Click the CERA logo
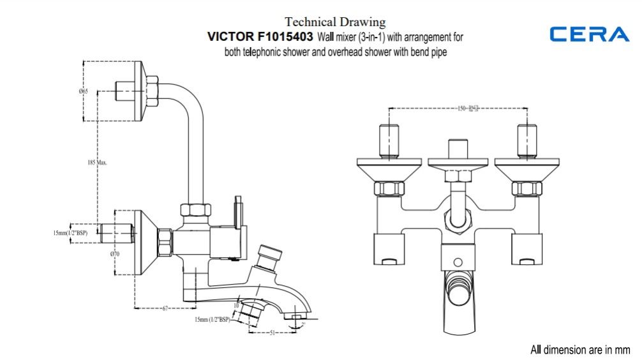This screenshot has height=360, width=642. pyautogui.click(x=589, y=34)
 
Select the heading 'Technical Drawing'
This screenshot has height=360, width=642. pyautogui.click(x=335, y=23)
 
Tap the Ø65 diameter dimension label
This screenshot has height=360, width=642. pyautogui.click(x=84, y=92)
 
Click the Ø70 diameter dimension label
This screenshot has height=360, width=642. pyautogui.click(x=115, y=253)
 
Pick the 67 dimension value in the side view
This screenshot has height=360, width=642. pyautogui.click(x=165, y=309)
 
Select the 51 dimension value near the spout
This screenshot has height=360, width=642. pyautogui.click(x=274, y=333)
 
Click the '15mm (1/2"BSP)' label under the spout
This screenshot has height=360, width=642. pyautogui.click(x=212, y=319)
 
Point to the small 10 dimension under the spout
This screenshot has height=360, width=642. pyautogui.click(x=236, y=306)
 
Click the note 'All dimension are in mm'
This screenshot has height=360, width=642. pyautogui.click(x=579, y=350)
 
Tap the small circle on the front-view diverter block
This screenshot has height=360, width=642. pyautogui.click(x=457, y=262)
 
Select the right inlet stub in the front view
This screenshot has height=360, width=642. pyautogui.click(x=526, y=141)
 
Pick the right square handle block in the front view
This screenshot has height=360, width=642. pyautogui.click(x=526, y=249)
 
